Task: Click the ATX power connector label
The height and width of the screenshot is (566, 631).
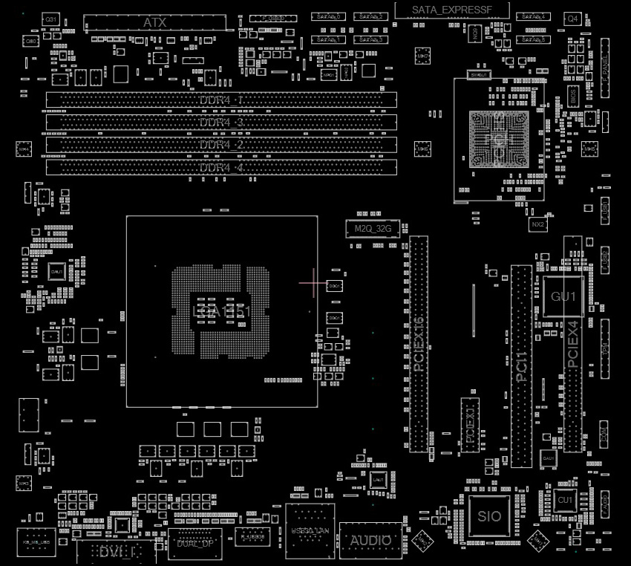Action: point(154,23)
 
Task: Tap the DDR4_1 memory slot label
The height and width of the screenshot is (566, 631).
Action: point(221,100)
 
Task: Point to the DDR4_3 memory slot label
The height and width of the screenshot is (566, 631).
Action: point(221,122)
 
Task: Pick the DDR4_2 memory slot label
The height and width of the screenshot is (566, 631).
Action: point(221,145)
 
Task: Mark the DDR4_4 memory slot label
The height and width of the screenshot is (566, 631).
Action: point(221,168)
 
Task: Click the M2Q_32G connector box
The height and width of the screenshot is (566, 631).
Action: point(373,229)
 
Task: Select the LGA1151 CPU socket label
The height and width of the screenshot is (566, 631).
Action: point(222,313)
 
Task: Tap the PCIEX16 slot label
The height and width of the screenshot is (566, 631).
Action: point(419,344)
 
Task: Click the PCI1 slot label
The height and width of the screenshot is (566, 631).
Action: point(521,365)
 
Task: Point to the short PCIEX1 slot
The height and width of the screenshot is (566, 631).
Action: point(470,423)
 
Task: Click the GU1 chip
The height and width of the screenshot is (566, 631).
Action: point(563,297)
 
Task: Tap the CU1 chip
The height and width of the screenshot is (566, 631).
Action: point(566,501)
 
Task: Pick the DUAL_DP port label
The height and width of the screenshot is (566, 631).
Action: point(195,543)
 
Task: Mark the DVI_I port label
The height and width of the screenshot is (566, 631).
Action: point(116,551)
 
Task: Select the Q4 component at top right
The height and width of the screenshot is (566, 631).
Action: point(573,18)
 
